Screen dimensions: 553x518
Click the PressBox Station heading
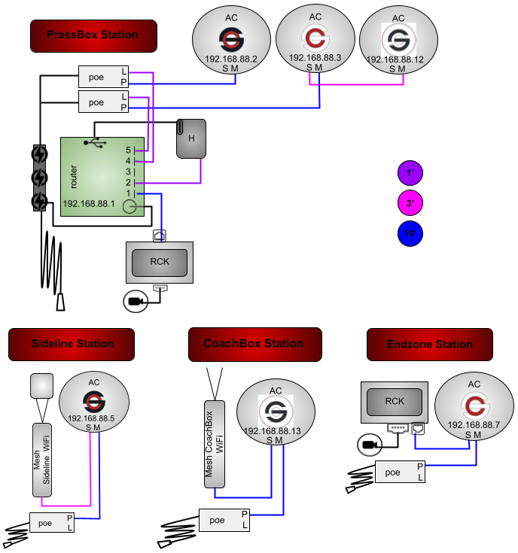[93, 35]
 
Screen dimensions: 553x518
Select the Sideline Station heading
[72, 345]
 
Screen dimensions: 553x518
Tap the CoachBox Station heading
[254, 344]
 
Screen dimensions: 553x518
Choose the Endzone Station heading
[429, 345]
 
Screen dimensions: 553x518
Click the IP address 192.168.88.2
[230, 59]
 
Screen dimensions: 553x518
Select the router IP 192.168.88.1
[88, 204]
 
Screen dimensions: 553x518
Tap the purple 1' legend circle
[411, 173]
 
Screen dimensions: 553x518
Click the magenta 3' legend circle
[411, 204]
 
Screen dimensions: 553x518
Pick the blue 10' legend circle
[411, 234]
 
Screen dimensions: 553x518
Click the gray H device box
[191, 139]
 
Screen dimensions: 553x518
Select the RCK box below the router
[160, 263]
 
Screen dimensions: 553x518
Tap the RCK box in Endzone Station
[395, 402]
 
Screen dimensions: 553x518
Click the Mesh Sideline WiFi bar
[41, 459]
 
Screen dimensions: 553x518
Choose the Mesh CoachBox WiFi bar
[215, 444]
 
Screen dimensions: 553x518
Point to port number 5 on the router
[129, 150]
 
